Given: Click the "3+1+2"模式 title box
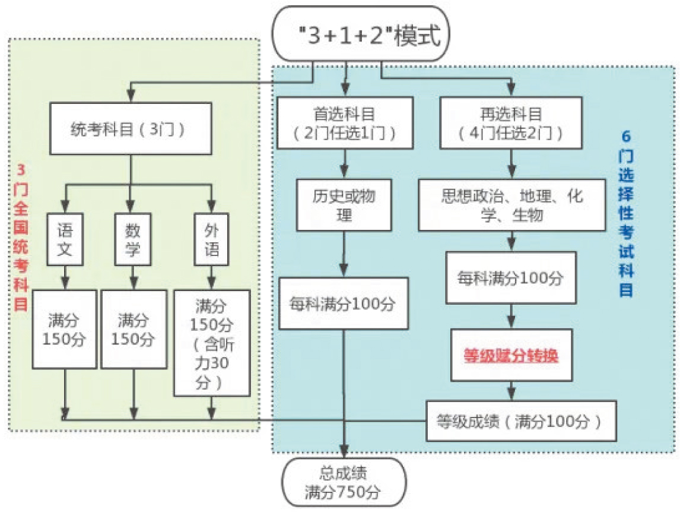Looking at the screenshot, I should tap(361, 34).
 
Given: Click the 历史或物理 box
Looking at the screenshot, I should tap(344, 205).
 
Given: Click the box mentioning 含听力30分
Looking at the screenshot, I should tap(212, 343).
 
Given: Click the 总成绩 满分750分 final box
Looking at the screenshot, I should tap(344, 482).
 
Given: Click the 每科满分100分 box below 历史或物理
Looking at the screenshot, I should tap(344, 304).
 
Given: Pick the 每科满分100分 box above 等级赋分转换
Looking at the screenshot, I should tap(510, 277).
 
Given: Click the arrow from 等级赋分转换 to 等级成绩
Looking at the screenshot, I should tap(510, 391).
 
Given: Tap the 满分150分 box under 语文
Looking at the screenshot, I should tap(64, 329).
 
